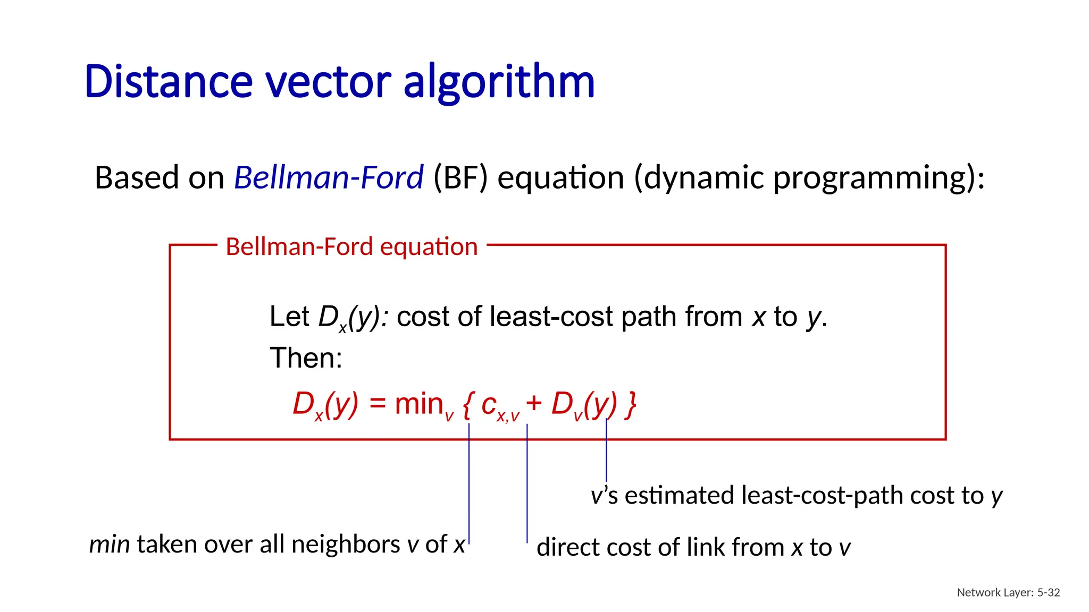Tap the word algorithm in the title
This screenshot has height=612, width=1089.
tap(499, 82)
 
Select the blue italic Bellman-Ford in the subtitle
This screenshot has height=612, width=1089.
tap(329, 177)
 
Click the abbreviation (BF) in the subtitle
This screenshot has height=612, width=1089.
tap(460, 177)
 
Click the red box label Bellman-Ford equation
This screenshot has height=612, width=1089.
tap(351, 246)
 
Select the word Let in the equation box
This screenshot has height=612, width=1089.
tap(289, 317)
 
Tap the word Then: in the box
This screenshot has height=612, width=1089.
tap(306, 358)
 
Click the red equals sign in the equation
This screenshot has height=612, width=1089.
tap(377, 404)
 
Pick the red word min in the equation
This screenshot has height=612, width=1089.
tap(419, 404)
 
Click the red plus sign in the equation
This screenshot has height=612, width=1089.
tap(533, 404)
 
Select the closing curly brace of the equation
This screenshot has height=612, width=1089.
tap(631, 405)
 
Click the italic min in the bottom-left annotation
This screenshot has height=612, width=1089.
tap(109, 545)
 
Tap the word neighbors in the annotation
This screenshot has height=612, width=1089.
tap(346, 545)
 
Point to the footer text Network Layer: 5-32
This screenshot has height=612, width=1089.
tap(1008, 592)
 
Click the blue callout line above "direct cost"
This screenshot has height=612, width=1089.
tap(527, 483)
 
